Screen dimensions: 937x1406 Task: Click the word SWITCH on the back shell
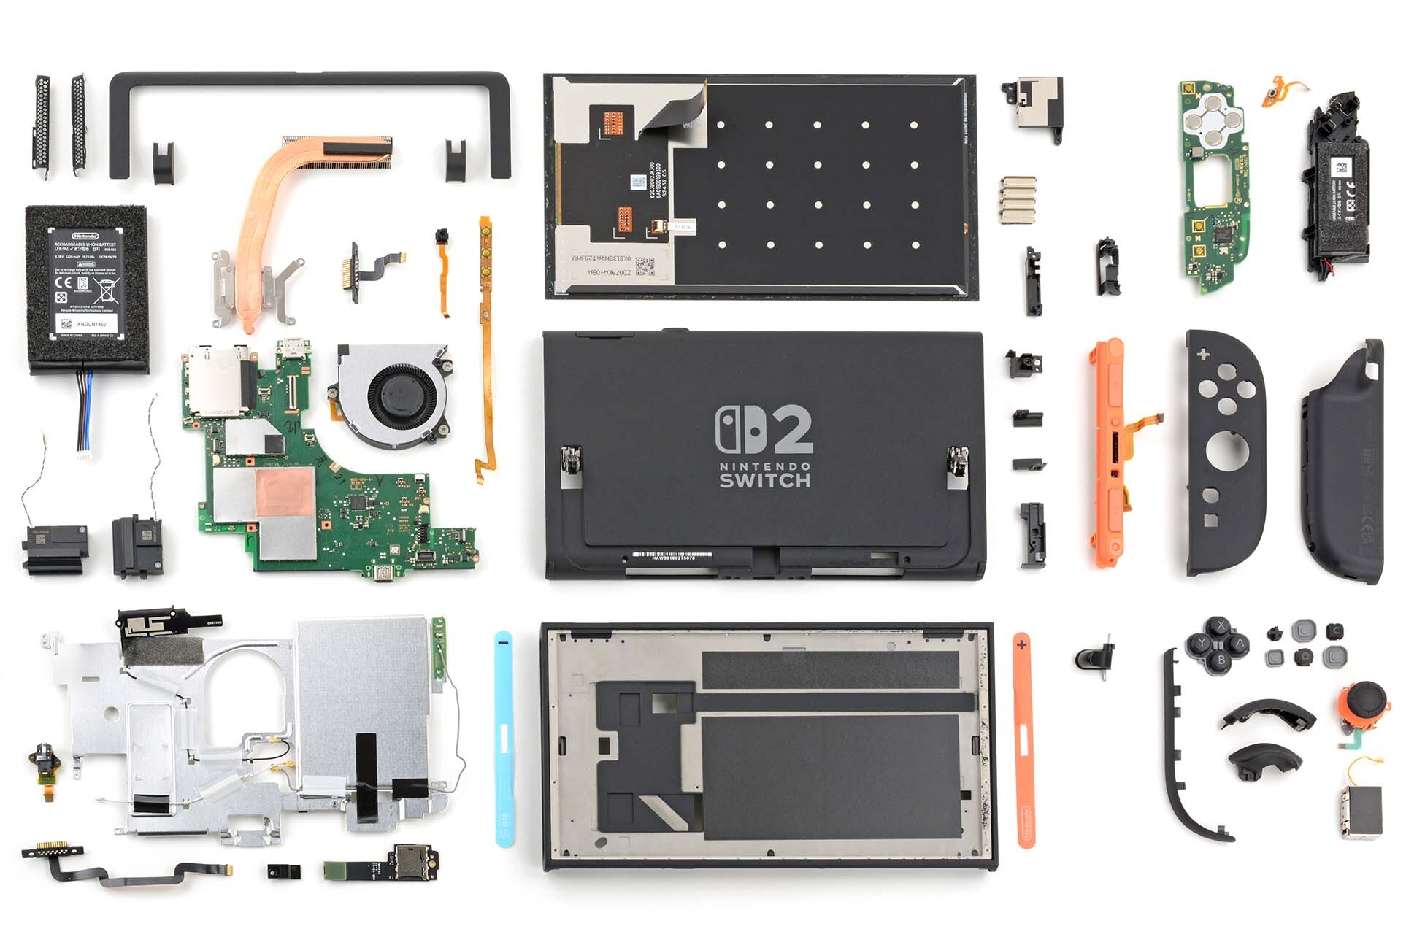pos(764,480)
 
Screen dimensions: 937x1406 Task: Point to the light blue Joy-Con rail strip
pos(503,737)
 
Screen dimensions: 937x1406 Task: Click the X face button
pos(1221,626)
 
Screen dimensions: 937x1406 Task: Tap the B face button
pos(1221,660)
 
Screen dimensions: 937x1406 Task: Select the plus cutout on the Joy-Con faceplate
pos(1202,355)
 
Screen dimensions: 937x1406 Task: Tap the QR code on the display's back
pos(645,267)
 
